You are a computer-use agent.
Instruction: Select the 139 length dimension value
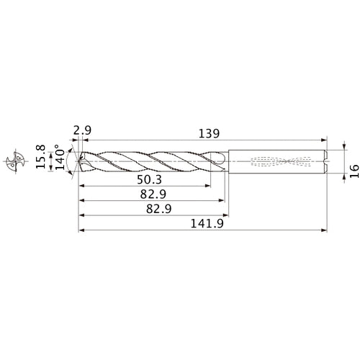[206, 133]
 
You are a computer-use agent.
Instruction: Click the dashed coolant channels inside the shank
[277, 163]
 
